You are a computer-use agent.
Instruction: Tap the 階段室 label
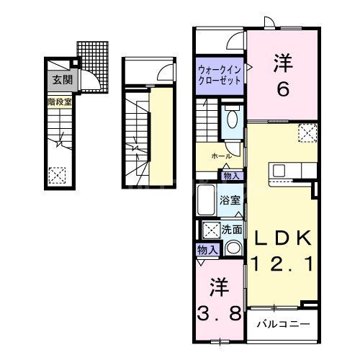[x=59, y=102]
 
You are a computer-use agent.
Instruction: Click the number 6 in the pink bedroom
[x=282, y=89]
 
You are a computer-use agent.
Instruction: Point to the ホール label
[x=221, y=156]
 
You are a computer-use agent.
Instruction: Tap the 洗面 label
[x=231, y=230]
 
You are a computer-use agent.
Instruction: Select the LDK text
[x=280, y=238]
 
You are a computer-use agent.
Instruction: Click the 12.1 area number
[x=281, y=264]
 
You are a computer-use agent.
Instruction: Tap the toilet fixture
[x=232, y=122]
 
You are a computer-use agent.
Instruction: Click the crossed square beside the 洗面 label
[x=211, y=230]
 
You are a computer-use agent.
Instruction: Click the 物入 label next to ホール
[x=230, y=175]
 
